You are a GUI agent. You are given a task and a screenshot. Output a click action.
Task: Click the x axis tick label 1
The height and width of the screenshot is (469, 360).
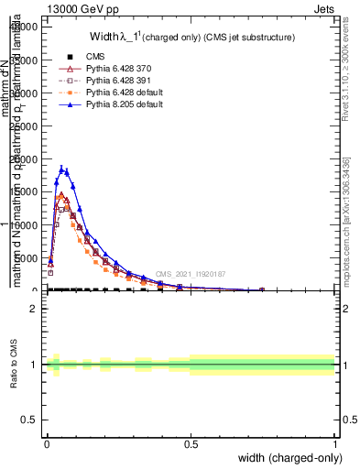pyautogui.click(x=334, y=443)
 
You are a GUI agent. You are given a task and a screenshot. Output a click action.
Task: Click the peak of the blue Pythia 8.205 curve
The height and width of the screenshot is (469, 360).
pyautogui.click(x=61, y=168)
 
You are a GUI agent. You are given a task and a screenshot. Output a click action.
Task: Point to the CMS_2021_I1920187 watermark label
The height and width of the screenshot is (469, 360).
pyautogui.click(x=190, y=274)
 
